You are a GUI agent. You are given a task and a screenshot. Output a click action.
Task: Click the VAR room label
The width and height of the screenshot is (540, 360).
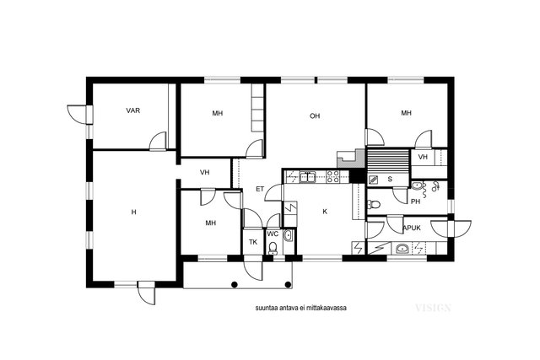(133, 110)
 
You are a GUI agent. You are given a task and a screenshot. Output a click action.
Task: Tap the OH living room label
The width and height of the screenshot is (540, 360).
(315, 116)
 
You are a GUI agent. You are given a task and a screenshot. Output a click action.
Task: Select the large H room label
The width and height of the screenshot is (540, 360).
(133, 212)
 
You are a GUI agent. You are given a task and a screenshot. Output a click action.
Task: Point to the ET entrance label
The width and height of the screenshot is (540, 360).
(260, 189)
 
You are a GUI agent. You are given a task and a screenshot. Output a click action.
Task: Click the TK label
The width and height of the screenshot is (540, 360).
(253, 242)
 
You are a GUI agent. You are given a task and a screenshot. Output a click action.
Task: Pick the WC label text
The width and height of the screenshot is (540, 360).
(273, 234)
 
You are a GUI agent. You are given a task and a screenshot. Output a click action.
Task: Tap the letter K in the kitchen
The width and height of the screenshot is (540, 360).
(325, 212)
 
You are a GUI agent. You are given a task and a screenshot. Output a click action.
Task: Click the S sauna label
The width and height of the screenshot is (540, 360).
(390, 179)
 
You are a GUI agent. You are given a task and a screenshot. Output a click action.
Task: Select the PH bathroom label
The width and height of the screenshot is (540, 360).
(416, 201)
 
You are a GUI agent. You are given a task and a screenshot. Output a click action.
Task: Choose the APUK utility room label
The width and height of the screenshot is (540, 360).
(412, 228)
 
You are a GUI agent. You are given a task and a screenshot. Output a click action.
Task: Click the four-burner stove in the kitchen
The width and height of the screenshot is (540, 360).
(333, 176)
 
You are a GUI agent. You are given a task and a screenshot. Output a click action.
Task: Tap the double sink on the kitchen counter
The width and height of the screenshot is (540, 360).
(307, 176)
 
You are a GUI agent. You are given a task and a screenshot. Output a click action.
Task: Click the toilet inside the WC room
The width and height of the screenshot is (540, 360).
(273, 248)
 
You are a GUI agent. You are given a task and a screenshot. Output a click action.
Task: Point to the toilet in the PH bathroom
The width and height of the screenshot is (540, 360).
(374, 204)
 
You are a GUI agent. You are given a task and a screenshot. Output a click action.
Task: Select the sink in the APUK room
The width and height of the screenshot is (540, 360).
(402, 248)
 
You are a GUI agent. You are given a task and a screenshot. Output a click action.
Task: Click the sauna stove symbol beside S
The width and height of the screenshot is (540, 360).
(373, 179)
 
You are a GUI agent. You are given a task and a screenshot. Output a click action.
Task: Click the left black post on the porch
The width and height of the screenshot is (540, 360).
(235, 284)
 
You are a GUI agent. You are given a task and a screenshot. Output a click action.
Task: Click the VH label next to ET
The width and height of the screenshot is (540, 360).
(204, 173)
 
